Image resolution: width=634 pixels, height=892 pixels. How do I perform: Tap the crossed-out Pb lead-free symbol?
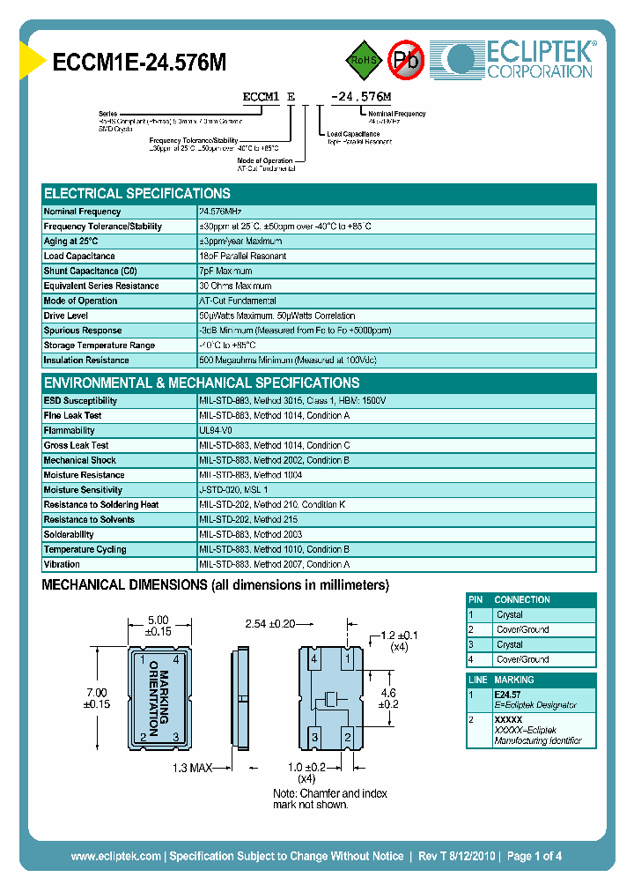click(406, 60)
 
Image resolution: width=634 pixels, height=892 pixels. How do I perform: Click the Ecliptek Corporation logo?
click(520, 60)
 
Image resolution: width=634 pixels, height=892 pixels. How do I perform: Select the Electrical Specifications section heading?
click(137, 193)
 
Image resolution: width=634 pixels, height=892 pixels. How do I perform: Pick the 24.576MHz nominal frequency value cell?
click(220, 212)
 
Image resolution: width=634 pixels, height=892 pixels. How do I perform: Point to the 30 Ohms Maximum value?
click(235, 286)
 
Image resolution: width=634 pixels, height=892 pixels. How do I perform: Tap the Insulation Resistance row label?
click(86, 360)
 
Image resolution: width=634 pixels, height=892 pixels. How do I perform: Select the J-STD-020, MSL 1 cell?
click(233, 489)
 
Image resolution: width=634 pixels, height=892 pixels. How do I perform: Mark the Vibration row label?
click(62, 564)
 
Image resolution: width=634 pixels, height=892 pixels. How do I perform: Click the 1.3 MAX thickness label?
click(193, 769)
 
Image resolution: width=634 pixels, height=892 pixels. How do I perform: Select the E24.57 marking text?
click(508, 695)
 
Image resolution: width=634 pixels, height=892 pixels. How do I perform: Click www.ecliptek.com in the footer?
click(115, 856)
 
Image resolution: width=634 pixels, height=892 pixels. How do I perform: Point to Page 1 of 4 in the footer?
click(534, 856)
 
